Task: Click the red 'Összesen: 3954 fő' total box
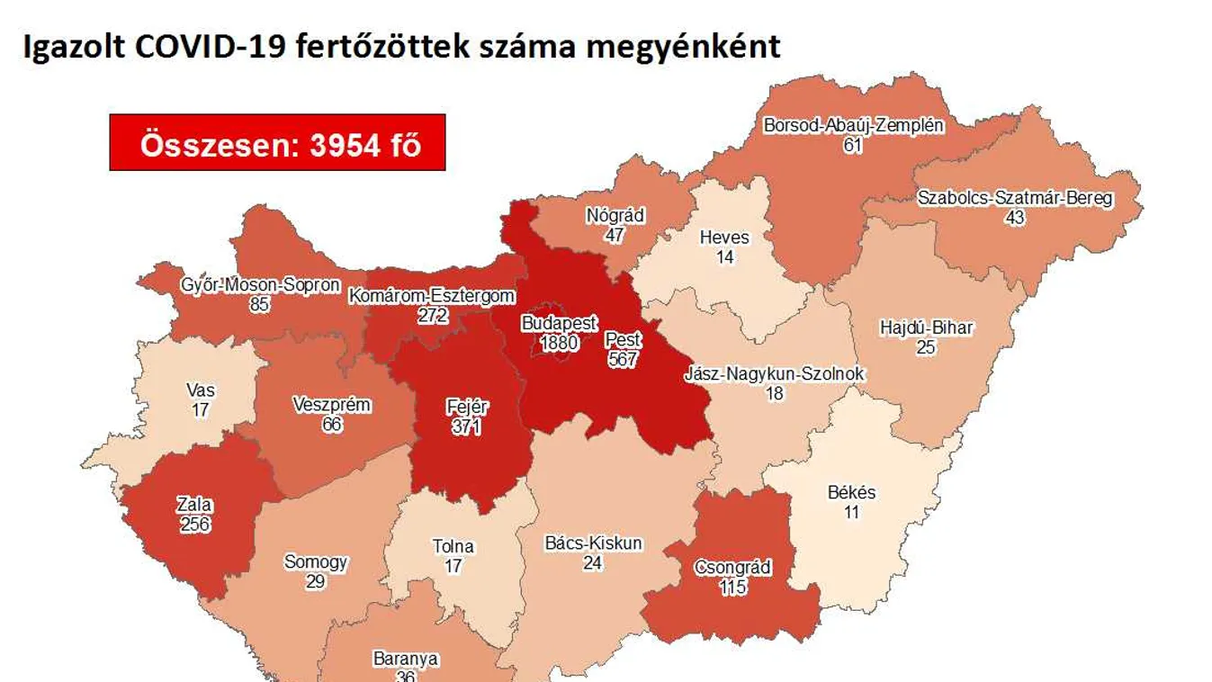(x=277, y=143)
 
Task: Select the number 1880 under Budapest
(x=558, y=343)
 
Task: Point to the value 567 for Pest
(x=622, y=359)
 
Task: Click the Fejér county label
(x=467, y=408)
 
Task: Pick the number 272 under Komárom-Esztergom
(x=433, y=315)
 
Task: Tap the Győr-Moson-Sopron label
(x=260, y=286)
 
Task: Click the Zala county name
(x=194, y=505)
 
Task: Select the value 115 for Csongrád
(x=733, y=587)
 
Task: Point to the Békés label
(x=850, y=493)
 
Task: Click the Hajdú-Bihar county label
(x=926, y=328)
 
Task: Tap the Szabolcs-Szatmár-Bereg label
(x=1015, y=199)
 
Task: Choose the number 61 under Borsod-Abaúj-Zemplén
(x=853, y=144)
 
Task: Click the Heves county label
(x=724, y=238)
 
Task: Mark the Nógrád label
(x=615, y=217)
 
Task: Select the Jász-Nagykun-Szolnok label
(x=774, y=373)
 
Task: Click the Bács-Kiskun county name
(x=593, y=543)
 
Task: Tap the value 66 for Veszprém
(x=332, y=424)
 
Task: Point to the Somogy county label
(x=315, y=562)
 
